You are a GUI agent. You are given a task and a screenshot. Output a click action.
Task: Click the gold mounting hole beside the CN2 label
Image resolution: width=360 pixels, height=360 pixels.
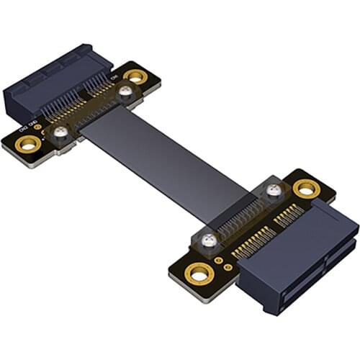[28, 143]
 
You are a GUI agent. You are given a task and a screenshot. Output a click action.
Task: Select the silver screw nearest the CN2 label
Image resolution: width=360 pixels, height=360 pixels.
[61, 132]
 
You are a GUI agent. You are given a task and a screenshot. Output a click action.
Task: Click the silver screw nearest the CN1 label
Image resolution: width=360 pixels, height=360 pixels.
[125, 91]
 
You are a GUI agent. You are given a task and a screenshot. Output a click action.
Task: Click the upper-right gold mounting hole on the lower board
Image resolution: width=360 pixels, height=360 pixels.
[306, 189]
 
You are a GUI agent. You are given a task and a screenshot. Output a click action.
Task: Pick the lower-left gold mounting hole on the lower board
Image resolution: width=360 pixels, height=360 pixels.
[199, 273]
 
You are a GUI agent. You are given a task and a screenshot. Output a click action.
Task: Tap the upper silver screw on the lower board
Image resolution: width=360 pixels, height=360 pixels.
[273, 191]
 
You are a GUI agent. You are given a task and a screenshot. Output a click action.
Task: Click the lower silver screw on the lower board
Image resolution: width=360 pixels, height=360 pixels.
[209, 240]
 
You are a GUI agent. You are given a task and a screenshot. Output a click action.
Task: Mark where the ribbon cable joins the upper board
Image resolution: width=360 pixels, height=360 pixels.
[101, 119]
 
